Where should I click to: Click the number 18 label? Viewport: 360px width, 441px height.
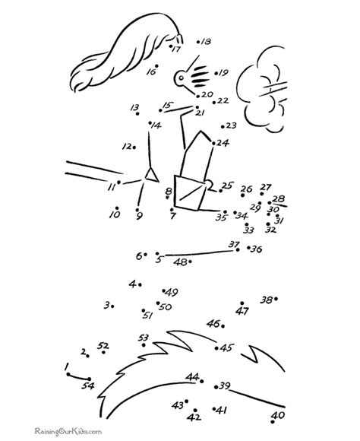pos(207,42)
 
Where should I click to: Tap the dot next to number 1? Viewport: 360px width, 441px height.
pos(68,374)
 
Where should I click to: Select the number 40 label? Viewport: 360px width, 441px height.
pos(278,415)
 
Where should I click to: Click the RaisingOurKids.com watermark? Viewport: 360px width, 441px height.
pos(68,431)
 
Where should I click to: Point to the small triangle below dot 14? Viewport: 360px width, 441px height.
pos(151,175)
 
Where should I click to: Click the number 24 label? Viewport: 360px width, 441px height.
pos(223,143)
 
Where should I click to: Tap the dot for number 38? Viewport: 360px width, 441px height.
pos(276,299)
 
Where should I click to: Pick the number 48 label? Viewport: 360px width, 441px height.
pos(181,262)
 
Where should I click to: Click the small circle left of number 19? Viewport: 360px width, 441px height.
pos(182,78)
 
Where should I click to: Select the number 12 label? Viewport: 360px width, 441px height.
pos(127,146)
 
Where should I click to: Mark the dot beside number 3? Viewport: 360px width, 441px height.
pos(112,306)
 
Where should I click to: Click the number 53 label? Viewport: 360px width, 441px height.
pos(144,338)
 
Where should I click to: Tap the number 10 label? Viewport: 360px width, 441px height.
pos(115,214)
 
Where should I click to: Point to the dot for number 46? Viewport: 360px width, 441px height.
pos(223,326)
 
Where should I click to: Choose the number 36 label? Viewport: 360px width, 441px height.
pos(256,249)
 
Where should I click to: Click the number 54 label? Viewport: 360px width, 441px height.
pos(88,386)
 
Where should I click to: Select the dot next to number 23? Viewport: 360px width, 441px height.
pos(223,127)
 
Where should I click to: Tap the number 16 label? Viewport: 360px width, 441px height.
pos(151,72)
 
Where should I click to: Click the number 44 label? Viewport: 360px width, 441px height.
pos(192,376)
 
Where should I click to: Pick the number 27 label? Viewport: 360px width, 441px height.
pos(266,187)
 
